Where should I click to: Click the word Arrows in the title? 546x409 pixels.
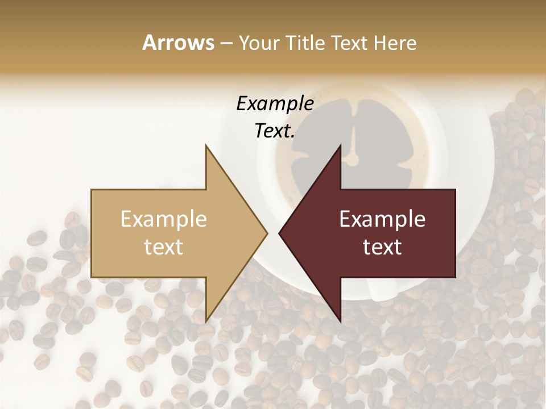tap(177, 43)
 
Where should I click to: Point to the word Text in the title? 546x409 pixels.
tap(349, 43)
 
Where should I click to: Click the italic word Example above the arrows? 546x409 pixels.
tap(275, 104)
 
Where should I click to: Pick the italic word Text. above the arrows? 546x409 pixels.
tap(275, 131)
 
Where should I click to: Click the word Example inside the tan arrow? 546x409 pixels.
tap(164, 219)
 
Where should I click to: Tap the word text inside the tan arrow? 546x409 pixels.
tap(164, 247)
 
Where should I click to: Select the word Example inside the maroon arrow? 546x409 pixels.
tap(382, 219)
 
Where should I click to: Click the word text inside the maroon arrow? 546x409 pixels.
tap(382, 247)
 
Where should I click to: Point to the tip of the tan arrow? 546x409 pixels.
tap(267, 233)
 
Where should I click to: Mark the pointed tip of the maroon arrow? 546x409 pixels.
tap(279, 233)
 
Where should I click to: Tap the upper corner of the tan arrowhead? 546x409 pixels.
tap(206, 145)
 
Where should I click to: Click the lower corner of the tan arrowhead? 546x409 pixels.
tap(206, 322)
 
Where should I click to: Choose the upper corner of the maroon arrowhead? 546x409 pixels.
tap(340, 145)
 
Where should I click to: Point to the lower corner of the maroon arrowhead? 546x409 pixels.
tap(340, 322)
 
